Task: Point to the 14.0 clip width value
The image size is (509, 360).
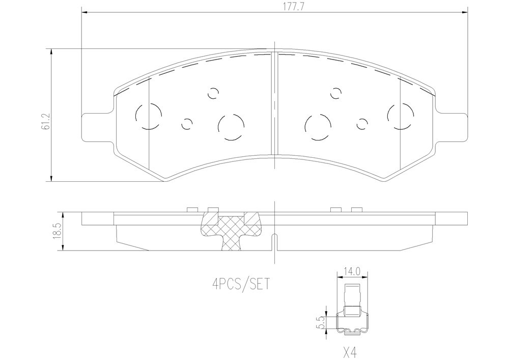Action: [x=352, y=271]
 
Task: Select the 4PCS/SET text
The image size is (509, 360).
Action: [x=241, y=285]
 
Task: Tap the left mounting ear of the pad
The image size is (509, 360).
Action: [x=97, y=127]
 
